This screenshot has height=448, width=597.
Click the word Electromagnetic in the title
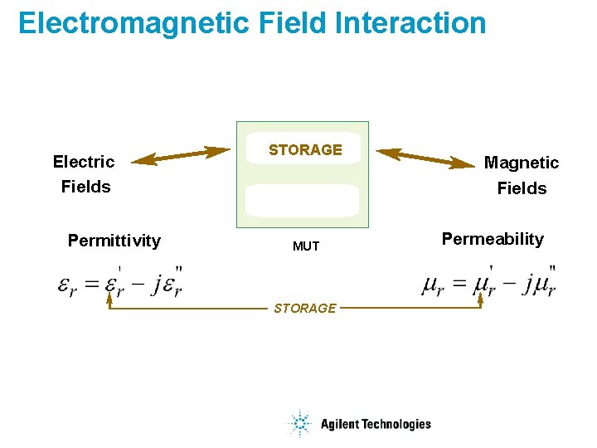pos(133,23)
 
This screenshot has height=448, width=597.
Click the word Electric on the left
pos(84,161)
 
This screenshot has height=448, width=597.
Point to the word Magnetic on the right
pos(522,163)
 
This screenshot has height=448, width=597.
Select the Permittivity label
pos(114,241)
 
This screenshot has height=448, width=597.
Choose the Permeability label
pos(493,239)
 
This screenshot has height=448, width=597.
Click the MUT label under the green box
pos(306,246)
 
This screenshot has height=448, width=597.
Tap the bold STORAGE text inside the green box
pos(305,150)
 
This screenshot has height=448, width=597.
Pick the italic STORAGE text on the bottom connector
pos(305,309)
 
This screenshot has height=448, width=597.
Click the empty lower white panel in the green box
pos(303,201)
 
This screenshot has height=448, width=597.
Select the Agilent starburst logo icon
pos(298,424)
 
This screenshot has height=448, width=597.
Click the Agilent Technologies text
pos(376,424)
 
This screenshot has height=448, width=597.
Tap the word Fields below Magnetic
pos(522,188)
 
